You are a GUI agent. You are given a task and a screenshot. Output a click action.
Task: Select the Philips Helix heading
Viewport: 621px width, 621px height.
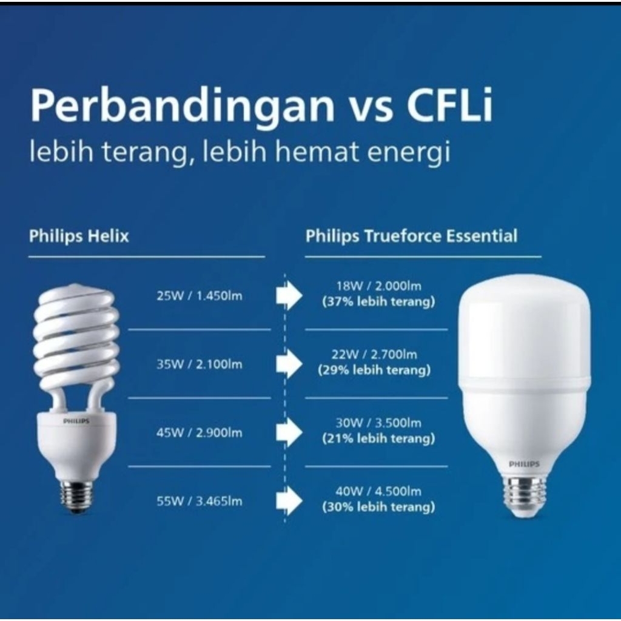(79, 237)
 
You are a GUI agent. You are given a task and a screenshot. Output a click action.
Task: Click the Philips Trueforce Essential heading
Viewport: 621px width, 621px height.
(411, 237)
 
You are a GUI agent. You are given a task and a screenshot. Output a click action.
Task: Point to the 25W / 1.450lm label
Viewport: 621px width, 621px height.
(199, 296)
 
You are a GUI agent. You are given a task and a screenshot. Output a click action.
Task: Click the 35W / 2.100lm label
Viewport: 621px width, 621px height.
(199, 364)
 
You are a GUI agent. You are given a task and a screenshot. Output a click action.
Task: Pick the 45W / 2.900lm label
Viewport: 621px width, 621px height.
(199, 433)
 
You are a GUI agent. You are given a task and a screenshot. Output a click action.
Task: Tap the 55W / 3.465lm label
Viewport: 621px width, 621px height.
(199, 502)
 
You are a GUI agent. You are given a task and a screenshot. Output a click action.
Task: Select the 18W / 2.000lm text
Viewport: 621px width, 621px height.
(378, 286)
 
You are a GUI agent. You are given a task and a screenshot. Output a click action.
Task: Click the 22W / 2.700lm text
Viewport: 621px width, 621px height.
(374, 354)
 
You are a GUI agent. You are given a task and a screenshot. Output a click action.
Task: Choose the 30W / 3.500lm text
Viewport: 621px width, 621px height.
(378, 423)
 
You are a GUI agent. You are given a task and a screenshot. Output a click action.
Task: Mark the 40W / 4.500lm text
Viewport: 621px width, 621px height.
(378, 491)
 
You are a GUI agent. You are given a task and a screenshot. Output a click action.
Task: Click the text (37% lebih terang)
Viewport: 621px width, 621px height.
(378, 302)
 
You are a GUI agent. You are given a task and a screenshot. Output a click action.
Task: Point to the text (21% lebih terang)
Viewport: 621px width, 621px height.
(378, 439)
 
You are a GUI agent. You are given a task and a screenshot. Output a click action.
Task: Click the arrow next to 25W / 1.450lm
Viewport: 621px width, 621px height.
(289, 295)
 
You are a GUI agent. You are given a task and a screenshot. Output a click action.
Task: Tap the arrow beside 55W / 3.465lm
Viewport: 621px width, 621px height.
(289, 501)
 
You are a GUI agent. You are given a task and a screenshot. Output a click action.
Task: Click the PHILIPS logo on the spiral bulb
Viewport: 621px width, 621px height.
(76, 421)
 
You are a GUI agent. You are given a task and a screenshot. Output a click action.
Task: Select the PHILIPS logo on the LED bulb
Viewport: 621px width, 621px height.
(524, 464)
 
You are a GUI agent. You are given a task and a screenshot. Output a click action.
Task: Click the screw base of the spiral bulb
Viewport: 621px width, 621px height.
(76, 495)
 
